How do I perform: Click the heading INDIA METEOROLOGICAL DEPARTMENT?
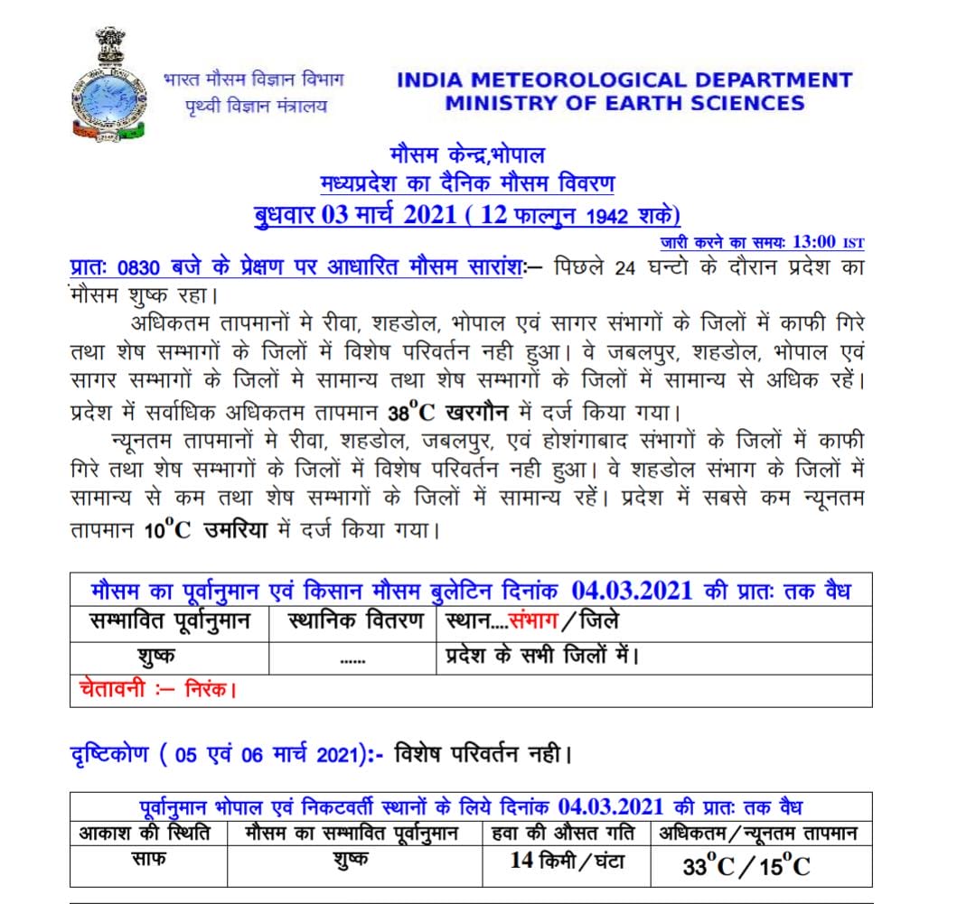point(624,79)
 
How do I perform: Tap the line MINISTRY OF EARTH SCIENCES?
point(624,103)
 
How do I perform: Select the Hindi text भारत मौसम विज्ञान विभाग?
point(253,79)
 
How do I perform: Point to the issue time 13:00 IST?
point(827,242)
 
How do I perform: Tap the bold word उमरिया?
point(234,530)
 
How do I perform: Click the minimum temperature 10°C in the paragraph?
point(167,530)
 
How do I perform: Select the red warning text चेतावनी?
point(109,690)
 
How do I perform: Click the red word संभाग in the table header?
point(535,622)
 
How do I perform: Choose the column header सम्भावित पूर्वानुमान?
point(170,622)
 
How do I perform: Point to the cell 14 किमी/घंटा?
point(567,861)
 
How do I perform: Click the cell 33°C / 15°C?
point(746,867)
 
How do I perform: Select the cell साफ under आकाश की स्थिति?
point(147,859)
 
